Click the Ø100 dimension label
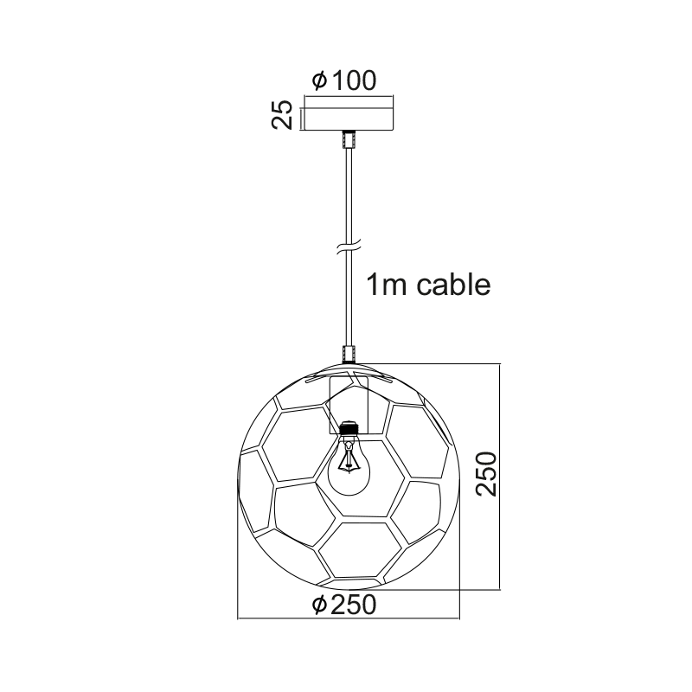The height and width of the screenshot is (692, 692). (344, 81)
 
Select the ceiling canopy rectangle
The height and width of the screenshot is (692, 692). (347, 118)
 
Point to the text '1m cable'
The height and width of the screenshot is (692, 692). (428, 284)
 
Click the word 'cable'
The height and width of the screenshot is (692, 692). (454, 284)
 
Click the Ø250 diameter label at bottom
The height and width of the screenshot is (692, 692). (344, 605)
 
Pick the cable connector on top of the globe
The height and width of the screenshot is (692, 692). (349, 355)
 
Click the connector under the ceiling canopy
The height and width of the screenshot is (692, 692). (348, 139)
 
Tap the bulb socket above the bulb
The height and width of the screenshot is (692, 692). (349, 428)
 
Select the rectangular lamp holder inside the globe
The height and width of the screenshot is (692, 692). (349, 403)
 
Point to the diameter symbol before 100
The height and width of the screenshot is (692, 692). (318, 81)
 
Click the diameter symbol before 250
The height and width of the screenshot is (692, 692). (318, 605)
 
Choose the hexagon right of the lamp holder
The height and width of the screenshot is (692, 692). (417, 441)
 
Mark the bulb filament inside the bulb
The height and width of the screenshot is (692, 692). (348, 458)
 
